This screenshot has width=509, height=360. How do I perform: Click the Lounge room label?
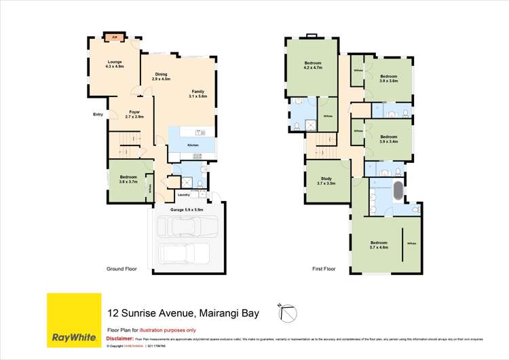(x=114, y=65)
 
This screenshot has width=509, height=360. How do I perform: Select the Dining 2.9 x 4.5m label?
(x=160, y=77)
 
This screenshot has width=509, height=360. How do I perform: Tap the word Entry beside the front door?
(x=98, y=114)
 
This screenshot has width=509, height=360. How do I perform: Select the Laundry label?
(x=183, y=196)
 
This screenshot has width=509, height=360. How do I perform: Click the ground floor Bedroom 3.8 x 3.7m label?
(x=128, y=179)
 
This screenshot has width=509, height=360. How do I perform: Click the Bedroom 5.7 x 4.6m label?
(x=379, y=245)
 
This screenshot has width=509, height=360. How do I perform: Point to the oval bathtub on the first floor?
(x=397, y=192)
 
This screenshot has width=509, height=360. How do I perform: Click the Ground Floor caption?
(x=121, y=269)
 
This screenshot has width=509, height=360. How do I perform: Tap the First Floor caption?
(x=324, y=269)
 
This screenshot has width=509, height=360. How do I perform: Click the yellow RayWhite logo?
(x=73, y=320)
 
